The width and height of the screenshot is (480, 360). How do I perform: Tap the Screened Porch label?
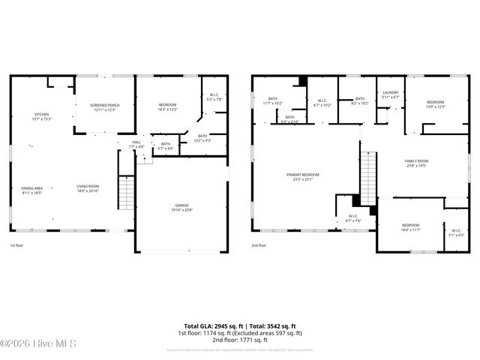(105, 107)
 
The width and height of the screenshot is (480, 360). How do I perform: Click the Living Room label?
(88, 189)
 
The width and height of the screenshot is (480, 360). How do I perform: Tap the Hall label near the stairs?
(136, 144)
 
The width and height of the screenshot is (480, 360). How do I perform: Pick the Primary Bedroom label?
(303, 177)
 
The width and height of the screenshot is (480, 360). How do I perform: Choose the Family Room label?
(416, 163)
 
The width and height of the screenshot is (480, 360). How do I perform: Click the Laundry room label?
(390, 94)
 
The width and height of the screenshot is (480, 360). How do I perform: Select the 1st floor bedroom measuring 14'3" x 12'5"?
(167, 107)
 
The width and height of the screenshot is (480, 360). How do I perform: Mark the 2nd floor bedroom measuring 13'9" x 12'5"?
(436, 104)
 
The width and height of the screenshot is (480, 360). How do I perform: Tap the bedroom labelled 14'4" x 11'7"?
(410, 228)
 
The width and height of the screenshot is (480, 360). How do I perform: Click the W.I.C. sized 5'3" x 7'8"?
(214, 97)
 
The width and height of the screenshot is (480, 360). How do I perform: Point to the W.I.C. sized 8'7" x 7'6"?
(352, 219)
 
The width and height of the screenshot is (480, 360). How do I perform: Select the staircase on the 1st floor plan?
(127, 193)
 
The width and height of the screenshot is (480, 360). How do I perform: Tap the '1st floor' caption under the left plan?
(16, 246)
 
